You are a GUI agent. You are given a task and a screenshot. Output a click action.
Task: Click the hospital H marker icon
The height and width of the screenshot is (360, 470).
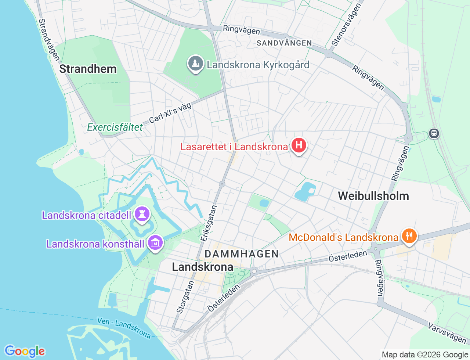pos(299,145)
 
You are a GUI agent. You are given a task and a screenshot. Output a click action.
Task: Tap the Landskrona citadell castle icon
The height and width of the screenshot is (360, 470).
pos(142,214)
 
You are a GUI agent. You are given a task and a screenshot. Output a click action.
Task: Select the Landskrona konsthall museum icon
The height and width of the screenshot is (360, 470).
pos(156,243)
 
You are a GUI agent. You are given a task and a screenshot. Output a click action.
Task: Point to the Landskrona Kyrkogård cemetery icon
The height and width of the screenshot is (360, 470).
pos(196,64)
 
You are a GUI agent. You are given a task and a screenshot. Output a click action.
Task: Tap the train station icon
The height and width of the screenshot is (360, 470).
pos(434,133)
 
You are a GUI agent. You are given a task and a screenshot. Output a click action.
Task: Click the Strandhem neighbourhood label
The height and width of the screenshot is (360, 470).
pos(88,69)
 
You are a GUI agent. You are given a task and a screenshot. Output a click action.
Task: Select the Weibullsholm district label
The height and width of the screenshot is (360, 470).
pos(373,196)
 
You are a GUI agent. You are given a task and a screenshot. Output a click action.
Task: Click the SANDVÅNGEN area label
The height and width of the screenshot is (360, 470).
pos(284,43)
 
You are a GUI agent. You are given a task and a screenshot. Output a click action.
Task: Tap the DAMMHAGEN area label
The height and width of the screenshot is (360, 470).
pos(242,254)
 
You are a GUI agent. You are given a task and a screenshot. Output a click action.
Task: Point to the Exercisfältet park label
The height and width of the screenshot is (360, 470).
pos(115,127)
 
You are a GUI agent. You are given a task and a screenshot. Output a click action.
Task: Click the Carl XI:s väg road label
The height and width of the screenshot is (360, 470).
pos(170,113)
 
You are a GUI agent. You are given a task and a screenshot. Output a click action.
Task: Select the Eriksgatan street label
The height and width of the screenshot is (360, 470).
pos(209,223)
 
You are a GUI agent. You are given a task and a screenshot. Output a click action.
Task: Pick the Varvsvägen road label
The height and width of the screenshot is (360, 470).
pos(446,332)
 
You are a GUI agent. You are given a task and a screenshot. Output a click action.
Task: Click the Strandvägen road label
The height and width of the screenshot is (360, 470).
pos(49,40)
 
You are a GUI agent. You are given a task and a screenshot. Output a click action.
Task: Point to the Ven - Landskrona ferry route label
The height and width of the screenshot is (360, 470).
pos(124,328)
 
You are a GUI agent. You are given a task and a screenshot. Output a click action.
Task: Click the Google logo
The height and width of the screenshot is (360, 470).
pos(25,351)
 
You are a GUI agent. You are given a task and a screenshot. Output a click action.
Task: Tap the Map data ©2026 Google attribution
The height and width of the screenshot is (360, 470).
pos(425,354)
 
